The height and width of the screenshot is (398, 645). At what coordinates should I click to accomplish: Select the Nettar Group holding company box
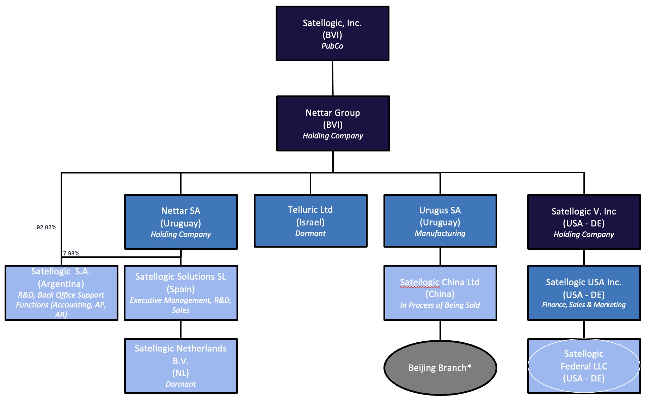click(x=333, y=123)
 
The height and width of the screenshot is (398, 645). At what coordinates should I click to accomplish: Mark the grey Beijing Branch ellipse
click(x=440, y=368)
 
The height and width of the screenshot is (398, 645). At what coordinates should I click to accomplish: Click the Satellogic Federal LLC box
click(x=584, y=366)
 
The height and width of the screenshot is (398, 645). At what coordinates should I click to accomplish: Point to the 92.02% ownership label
click(x=47, y=228)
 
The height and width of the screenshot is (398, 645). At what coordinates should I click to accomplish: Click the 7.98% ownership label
click(x=71, y=254)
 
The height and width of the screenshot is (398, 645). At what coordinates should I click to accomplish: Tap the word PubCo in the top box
click(x=332, y=46)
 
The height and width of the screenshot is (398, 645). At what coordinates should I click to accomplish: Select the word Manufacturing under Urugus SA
click(x=440, y=234)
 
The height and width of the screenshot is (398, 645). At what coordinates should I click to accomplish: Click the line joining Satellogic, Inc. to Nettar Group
click(x=333, y=78)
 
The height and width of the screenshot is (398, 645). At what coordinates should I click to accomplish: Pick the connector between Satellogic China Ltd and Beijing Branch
click(x=440, y=330)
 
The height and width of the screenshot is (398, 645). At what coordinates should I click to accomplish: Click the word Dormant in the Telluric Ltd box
click(x=310, y=234)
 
